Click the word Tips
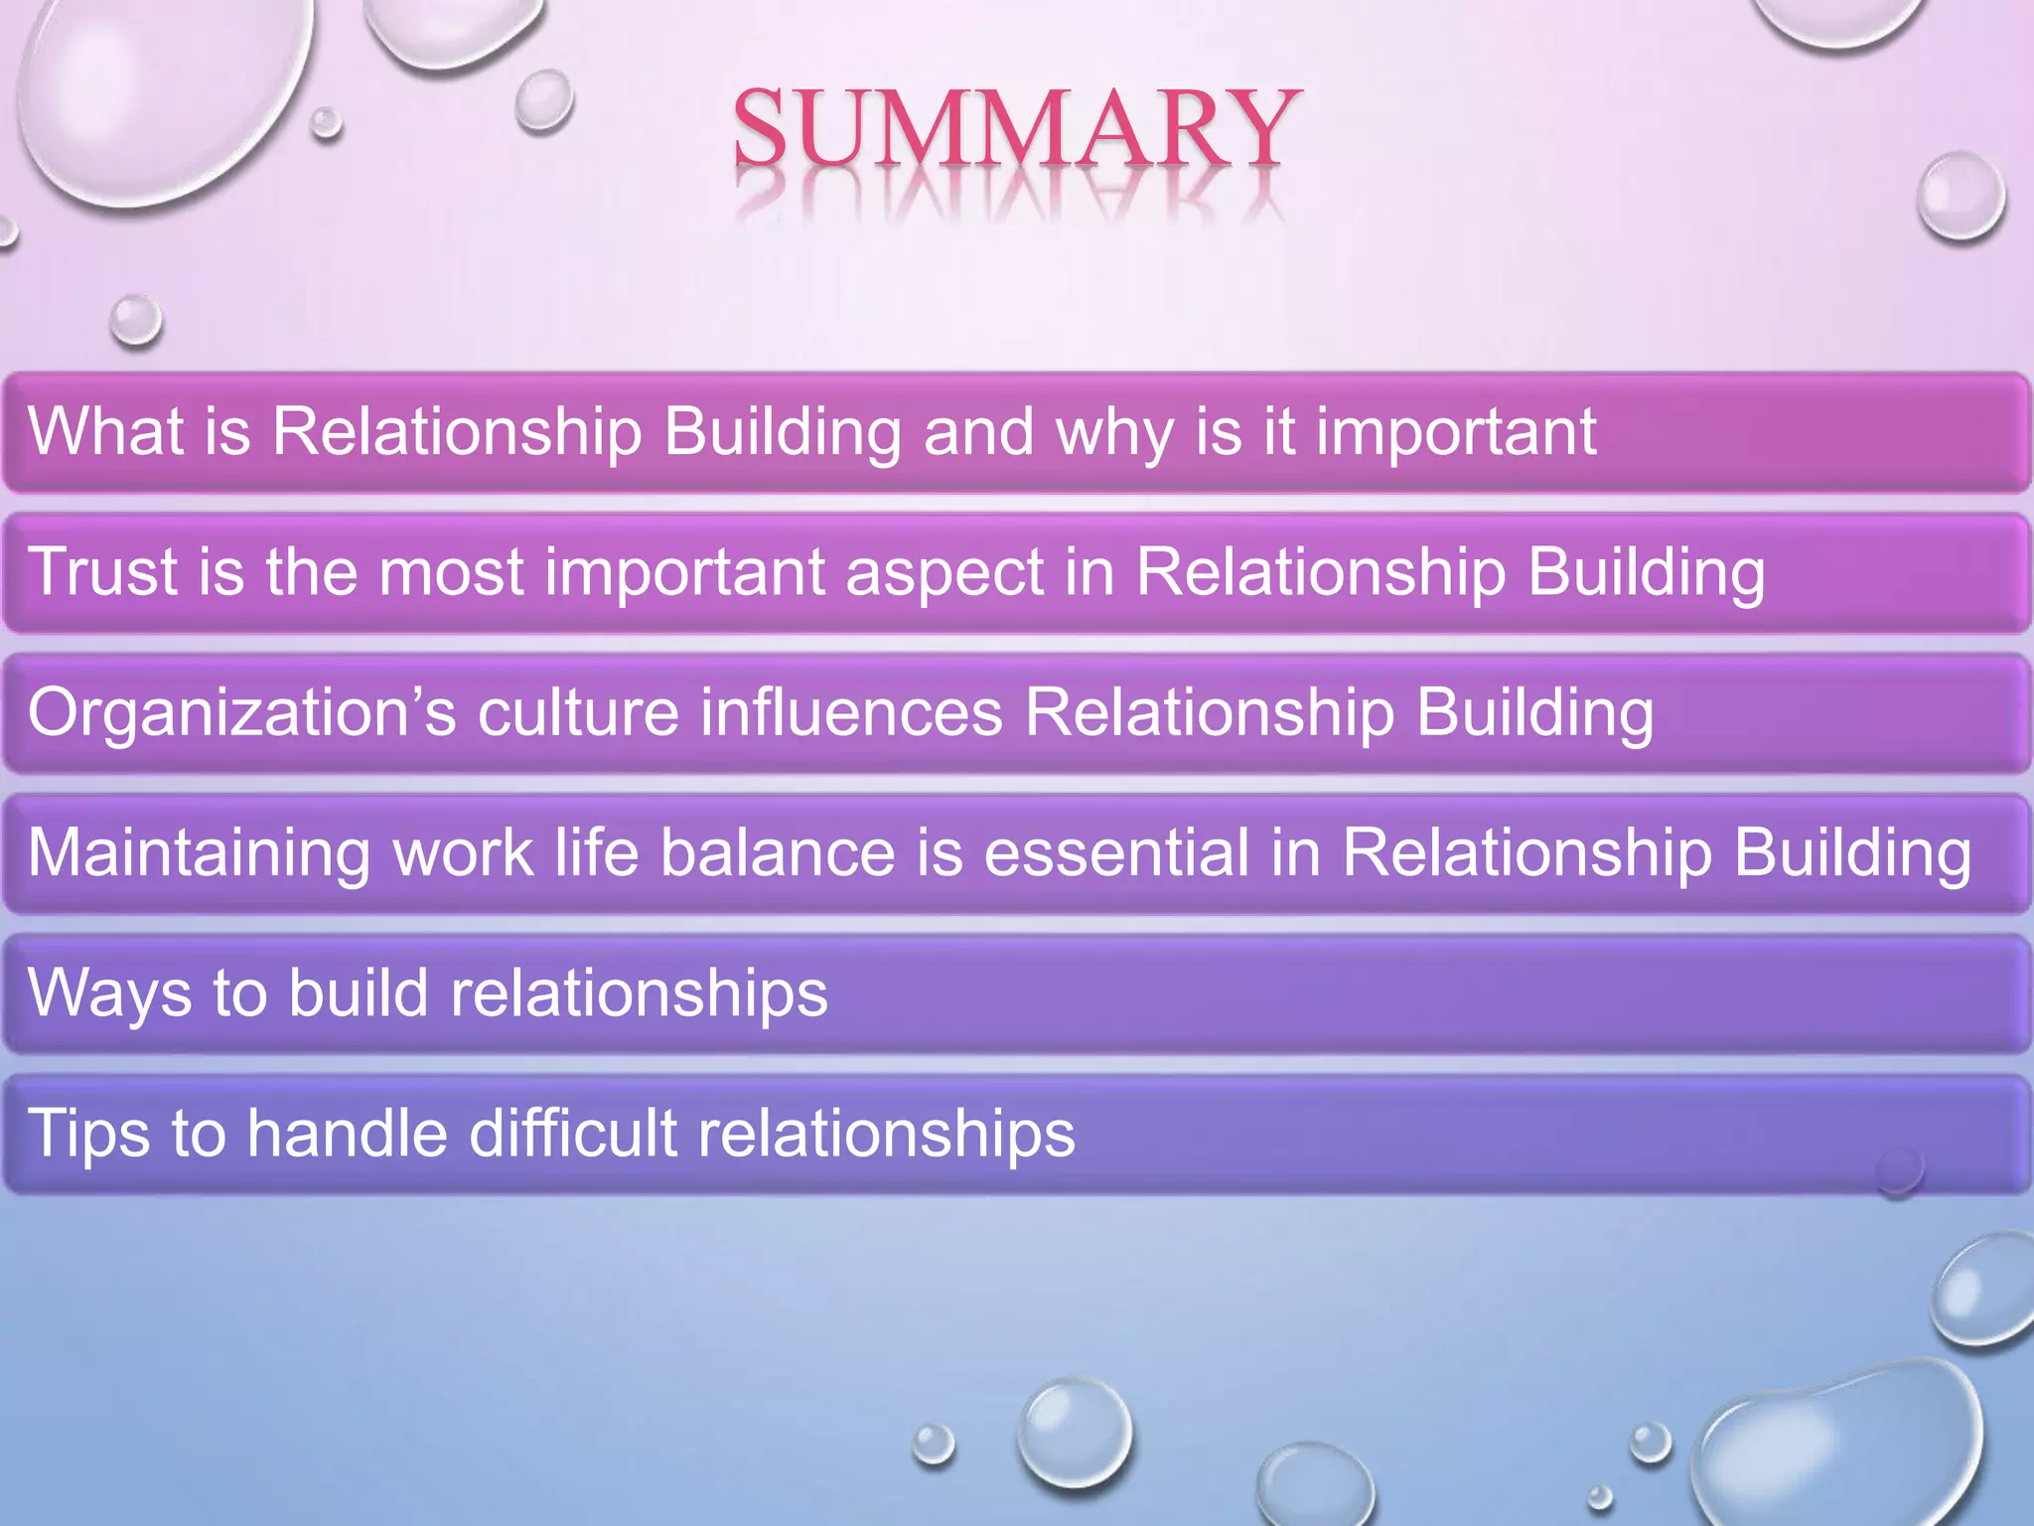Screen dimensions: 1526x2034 pos(89,1134)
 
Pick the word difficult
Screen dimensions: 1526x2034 pos(572,1133)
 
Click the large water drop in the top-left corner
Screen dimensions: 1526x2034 pos(159,94)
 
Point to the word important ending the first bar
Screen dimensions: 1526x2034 pos(1456,433)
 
